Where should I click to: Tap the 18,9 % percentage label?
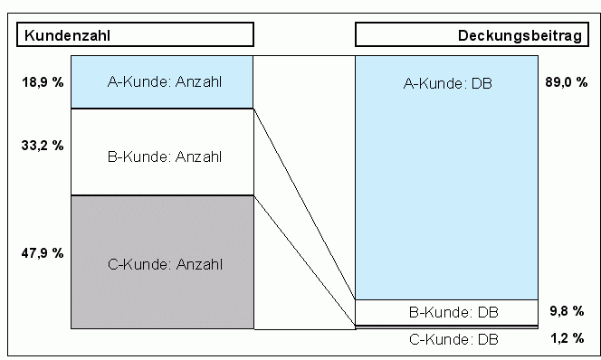pos(43,82)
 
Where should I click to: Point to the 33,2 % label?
pos(43,145)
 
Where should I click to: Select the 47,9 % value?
pos(43,252)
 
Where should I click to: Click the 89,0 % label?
pos(561,82)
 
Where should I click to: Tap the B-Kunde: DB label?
pos(453,313)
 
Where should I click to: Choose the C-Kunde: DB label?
pos(453,339)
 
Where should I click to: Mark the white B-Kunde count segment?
pos(109,176)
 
